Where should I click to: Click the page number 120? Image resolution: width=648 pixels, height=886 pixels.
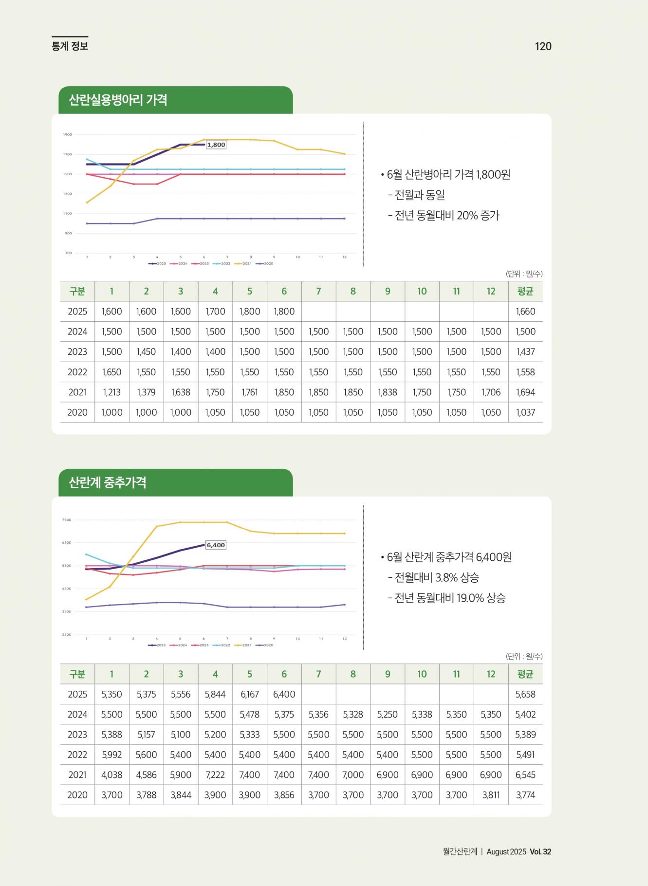pos(543,46)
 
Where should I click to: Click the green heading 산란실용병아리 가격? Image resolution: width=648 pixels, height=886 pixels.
pos(118,100)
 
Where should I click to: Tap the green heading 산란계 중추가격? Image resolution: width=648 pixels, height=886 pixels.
pos(108,482)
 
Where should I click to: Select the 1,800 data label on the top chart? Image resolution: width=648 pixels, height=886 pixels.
pos(216,145)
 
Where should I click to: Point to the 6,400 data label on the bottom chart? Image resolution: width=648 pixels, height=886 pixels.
pos(216,545)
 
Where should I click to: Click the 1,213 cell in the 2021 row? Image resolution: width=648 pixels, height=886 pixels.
pos(111,392)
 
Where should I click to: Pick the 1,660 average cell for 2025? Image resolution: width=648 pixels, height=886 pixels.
pos(525,312)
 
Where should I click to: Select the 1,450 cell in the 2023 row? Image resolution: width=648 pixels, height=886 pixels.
pos(146,351)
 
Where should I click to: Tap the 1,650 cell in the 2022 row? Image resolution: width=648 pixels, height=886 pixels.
pos(111,372)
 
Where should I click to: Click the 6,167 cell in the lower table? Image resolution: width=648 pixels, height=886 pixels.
pos(250,694)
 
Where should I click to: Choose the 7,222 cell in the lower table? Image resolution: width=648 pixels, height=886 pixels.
pos(215,775)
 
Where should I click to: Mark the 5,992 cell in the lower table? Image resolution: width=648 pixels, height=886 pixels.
pos(111,755)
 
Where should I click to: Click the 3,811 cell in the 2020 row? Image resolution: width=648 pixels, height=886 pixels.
pos(491,795)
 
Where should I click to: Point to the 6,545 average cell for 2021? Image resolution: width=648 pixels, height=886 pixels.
pos(525,775)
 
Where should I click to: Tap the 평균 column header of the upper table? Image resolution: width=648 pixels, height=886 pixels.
pos(525,291)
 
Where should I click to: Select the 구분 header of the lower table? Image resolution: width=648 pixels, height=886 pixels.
pos(77,674)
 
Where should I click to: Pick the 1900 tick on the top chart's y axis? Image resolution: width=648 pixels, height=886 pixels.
pos(67,134)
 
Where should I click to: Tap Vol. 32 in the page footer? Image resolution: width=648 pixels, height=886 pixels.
pos(540,851)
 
